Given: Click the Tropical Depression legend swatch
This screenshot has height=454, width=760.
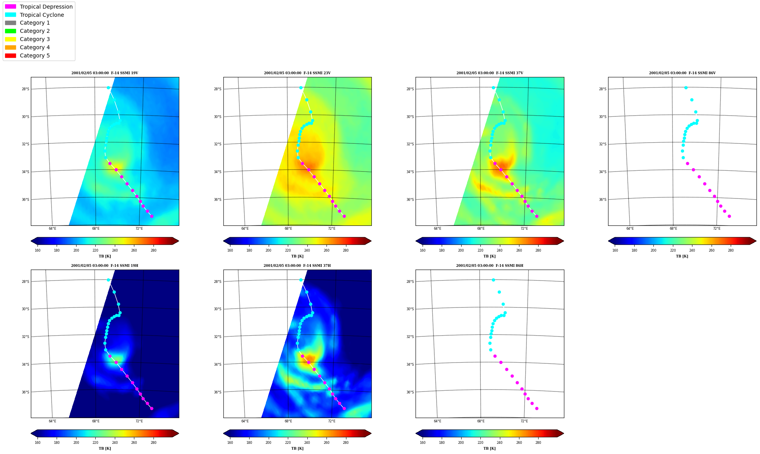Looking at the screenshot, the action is coord(11,7).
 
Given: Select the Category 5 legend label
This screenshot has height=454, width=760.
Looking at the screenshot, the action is coord(35,55).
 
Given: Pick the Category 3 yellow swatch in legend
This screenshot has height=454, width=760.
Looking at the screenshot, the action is coord(11,39).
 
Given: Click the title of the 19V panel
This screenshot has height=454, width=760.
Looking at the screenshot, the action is coord(105,73).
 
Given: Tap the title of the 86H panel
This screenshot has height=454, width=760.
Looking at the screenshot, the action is coord(490,266).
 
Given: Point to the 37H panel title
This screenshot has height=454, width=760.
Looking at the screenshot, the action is coord(297,266).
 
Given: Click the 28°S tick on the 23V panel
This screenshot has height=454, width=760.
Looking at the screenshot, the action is coord(218,89).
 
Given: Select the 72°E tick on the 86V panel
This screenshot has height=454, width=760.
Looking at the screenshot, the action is coord(717,229).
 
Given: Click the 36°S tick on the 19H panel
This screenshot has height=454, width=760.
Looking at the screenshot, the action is coord(25,392).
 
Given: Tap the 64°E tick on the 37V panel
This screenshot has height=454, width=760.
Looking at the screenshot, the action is coord(437,229).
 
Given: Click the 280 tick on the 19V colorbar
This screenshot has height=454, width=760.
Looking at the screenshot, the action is coord(153,250).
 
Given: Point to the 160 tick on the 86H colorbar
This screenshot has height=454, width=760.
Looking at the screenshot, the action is coord(423,443).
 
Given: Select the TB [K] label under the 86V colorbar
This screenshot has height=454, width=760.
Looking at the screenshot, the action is coord(682,256).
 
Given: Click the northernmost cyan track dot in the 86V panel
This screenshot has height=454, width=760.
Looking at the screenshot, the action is coord(686,88).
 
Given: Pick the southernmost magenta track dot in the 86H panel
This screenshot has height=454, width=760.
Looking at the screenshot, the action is coord(537,408).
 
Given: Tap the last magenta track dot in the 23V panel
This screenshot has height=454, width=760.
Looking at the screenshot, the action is coord(344,216).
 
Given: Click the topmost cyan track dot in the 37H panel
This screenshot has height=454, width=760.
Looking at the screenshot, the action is coord(301,280).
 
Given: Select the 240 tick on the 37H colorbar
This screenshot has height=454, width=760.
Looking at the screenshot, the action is coord(307,443).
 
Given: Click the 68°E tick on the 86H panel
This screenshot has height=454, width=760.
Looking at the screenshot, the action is coord(481,421).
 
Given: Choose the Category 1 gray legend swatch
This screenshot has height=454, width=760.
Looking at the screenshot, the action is coord(11,23).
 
